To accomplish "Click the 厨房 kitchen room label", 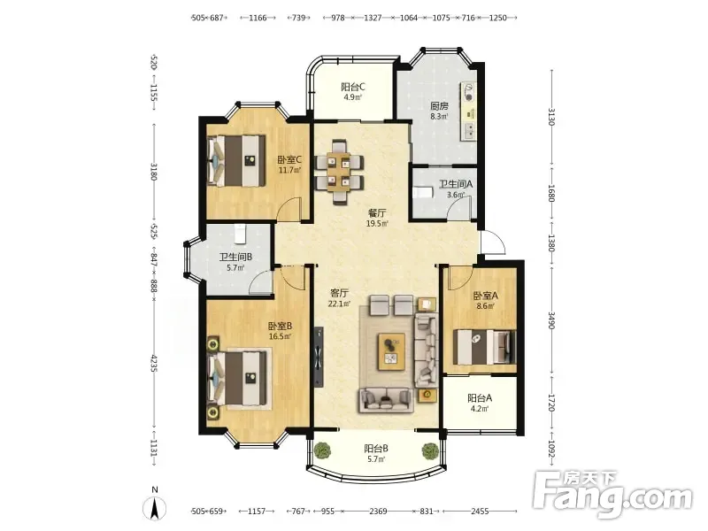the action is click(439, 106).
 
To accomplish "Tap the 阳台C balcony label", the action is click(353, 87).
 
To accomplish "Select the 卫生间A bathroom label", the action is click(456, 184).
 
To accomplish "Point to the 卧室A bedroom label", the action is click(485, 296).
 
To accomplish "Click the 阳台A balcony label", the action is click(480, 398).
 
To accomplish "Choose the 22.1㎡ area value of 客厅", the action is click(339, 304).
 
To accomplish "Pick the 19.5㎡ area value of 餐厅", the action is click(377, 224).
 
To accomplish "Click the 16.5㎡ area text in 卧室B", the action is click(280, 336).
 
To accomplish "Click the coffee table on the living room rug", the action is click(391, 351).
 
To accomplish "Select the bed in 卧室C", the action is click(235, 160).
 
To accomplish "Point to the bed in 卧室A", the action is click(484, 347).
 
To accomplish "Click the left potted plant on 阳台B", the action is click(322, 450).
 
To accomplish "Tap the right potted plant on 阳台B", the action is click(430, 450).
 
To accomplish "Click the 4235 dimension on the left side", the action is click(155, 363).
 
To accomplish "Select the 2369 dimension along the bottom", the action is click(378, 512).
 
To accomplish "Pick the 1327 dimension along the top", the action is click(373, 18).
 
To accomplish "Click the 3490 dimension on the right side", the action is click(551, 319).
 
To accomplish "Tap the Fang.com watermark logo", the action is click(612, 495).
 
